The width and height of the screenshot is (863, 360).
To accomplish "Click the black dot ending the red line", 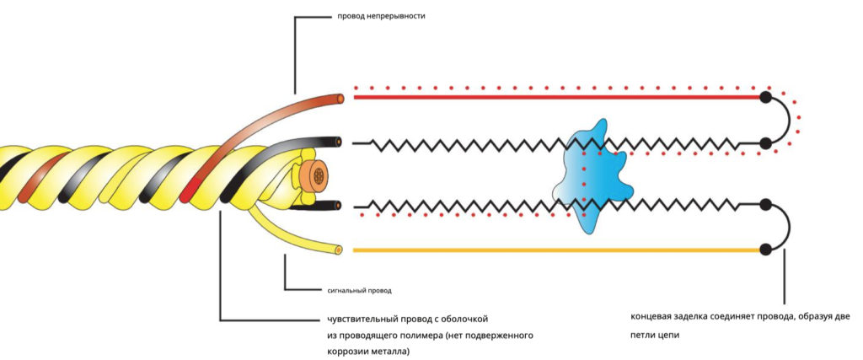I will tap(765, 97).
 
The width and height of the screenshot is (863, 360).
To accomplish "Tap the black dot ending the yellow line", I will tap(765, 250).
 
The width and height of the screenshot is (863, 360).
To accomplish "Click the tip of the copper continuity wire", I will tap(340, 99).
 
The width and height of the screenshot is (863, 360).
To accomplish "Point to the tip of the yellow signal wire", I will tap(338, 250).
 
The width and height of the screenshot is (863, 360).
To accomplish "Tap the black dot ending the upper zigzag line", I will tap(765, 143).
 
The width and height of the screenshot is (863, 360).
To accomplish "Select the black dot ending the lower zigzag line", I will tap(765, 205).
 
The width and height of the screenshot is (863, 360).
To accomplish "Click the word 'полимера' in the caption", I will tap(421, 336).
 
